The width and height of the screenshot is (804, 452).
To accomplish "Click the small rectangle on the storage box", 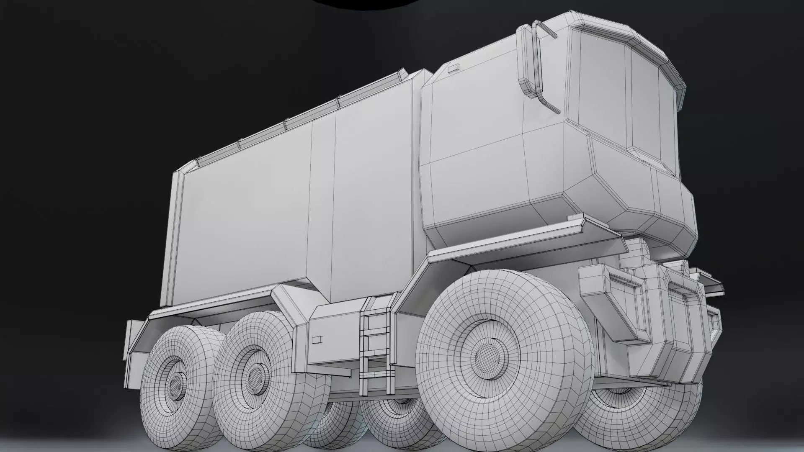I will [317, 339].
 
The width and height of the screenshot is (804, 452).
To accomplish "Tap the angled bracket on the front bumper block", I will [616, 293].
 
